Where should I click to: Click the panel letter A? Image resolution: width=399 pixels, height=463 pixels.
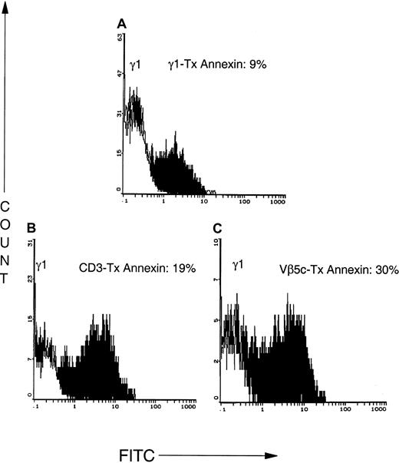click(121, 23)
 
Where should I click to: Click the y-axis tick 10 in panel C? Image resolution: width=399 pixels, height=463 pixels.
click(216, 242)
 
